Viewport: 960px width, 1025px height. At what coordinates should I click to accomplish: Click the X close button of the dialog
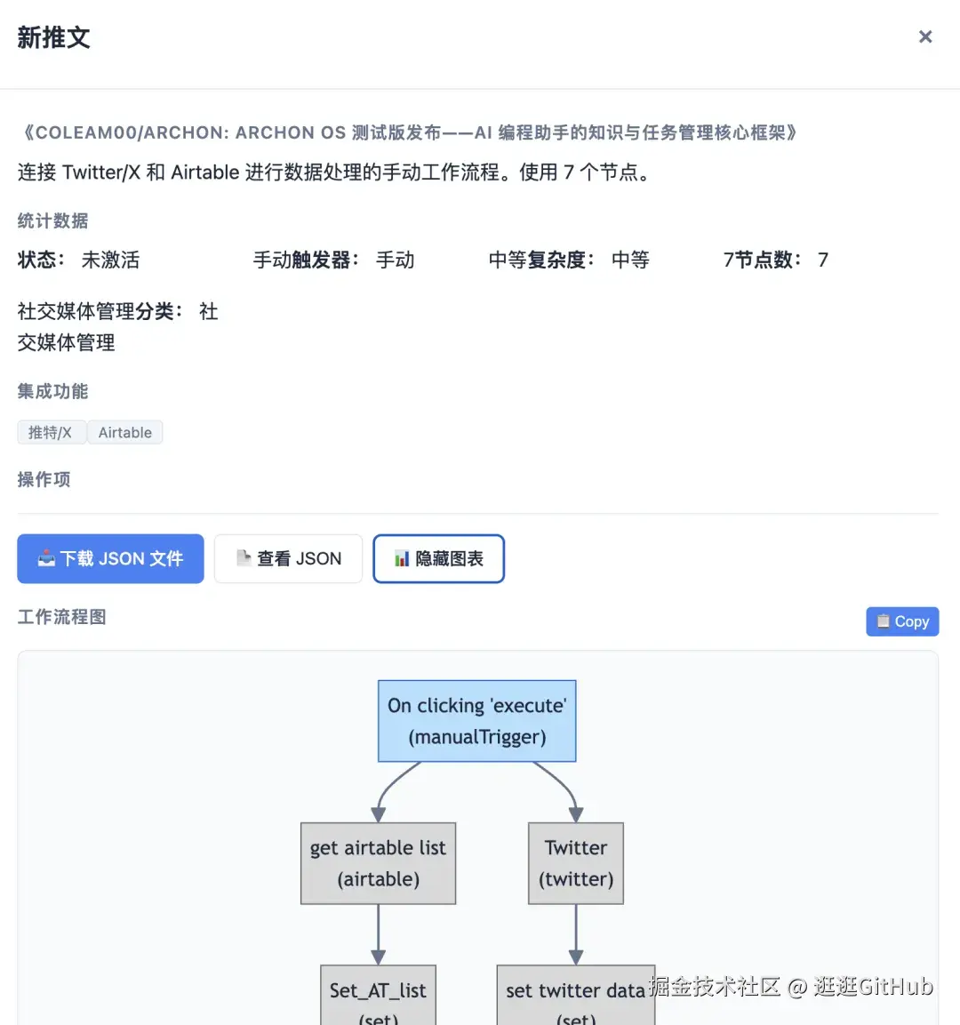pos(925,36)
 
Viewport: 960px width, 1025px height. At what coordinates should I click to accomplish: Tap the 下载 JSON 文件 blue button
pos(110,558)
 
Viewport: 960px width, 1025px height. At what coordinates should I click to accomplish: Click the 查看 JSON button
pos(288,558)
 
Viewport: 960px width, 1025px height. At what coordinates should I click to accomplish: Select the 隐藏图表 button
pos(439,558)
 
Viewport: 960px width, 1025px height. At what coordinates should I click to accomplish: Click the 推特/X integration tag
pos(51,433)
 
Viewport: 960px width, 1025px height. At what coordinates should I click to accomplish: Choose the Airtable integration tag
pos(125,433)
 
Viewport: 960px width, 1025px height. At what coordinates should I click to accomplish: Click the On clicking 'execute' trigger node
pos(477,721)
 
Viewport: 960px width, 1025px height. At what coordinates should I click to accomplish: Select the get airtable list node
pos(378,863)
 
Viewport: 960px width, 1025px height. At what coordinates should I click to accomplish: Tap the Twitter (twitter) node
pos(576,863)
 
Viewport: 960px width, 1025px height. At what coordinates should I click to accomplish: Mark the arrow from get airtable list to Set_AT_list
pos(378,933)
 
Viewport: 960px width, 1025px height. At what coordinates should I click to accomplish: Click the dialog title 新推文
pos(53,37)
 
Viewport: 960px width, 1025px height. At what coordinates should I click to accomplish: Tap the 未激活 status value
pos(110,260)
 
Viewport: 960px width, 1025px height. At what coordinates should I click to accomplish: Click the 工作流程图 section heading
pos(61,617)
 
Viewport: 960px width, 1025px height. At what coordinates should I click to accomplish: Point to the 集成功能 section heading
pos(52,391)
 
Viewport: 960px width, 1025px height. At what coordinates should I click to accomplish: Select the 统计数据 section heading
pos(52,220)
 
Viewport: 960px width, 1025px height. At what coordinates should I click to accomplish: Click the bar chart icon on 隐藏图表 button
pos(402,558)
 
